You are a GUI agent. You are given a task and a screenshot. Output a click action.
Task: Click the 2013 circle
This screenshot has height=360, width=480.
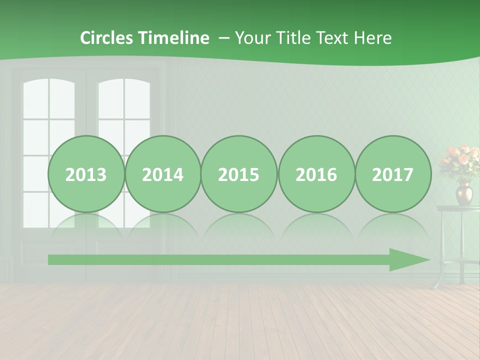click(86, 174)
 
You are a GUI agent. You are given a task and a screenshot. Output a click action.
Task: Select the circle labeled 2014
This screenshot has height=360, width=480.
click(163, 174)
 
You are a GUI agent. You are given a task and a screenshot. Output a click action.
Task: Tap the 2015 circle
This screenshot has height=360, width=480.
click(239, 174)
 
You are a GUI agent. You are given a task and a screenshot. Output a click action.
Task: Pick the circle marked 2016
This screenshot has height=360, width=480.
click(316, 174)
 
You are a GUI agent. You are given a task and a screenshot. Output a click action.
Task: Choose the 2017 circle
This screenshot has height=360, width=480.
click(393, 174)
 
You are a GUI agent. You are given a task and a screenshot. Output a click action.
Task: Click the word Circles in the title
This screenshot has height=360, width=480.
click(107, 38)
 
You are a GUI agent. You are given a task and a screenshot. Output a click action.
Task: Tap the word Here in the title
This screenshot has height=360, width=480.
click(373, 38)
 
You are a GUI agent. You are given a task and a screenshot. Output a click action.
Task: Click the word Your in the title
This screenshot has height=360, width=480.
click(253, 38)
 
